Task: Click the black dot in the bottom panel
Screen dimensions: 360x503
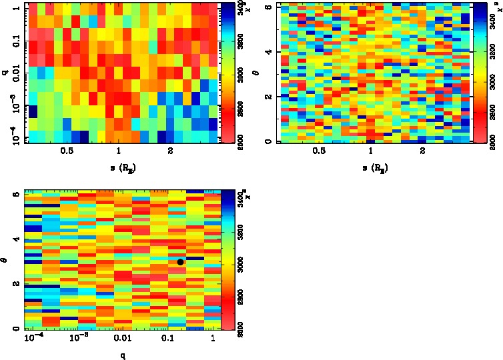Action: tap(180, 262)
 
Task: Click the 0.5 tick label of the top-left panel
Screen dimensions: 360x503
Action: tap(67, 151)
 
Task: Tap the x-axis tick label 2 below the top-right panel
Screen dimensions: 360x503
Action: tap(423, 151)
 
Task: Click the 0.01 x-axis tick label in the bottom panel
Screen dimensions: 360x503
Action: tap(123, 340)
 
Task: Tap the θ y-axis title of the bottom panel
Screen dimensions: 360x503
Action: tap(6, 261)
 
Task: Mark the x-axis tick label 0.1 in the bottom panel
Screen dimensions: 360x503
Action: tap(169, 340)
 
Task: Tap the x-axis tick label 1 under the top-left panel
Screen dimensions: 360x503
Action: tap(119, 151)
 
